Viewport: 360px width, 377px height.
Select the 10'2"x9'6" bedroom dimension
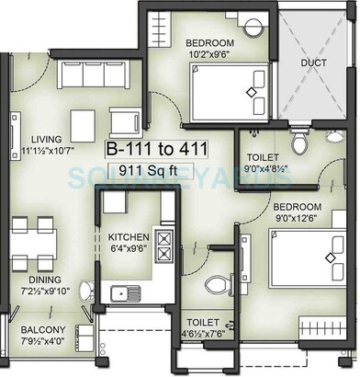tap(210, 55)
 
